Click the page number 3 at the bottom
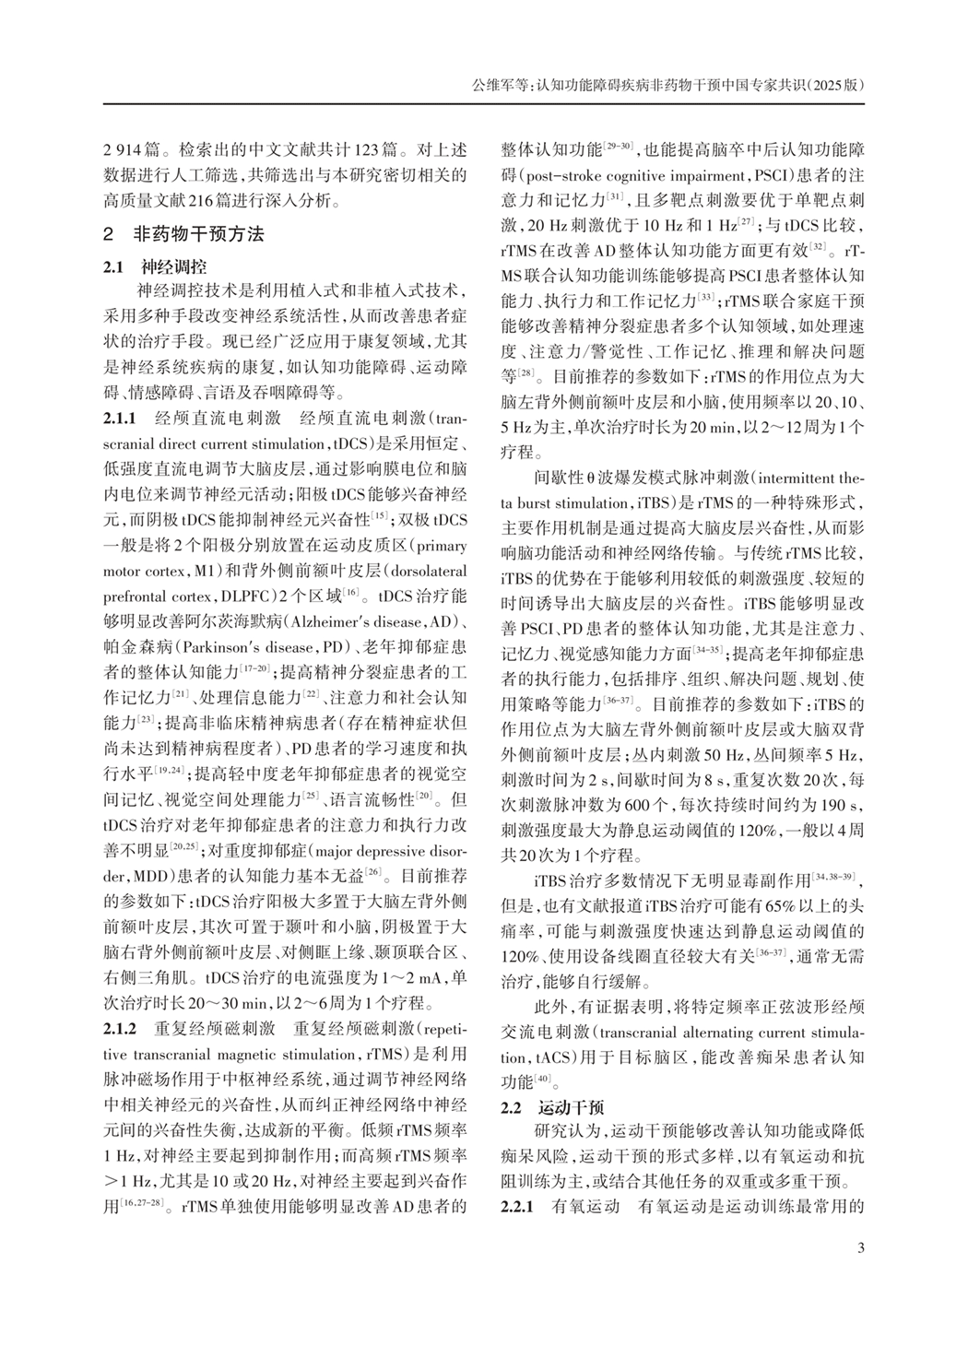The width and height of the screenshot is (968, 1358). click(861, 1248)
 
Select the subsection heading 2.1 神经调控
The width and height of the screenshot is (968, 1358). click(154, 268)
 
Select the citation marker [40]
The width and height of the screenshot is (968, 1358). click(544, 1077)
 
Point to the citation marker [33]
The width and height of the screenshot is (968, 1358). click(706, 295)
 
